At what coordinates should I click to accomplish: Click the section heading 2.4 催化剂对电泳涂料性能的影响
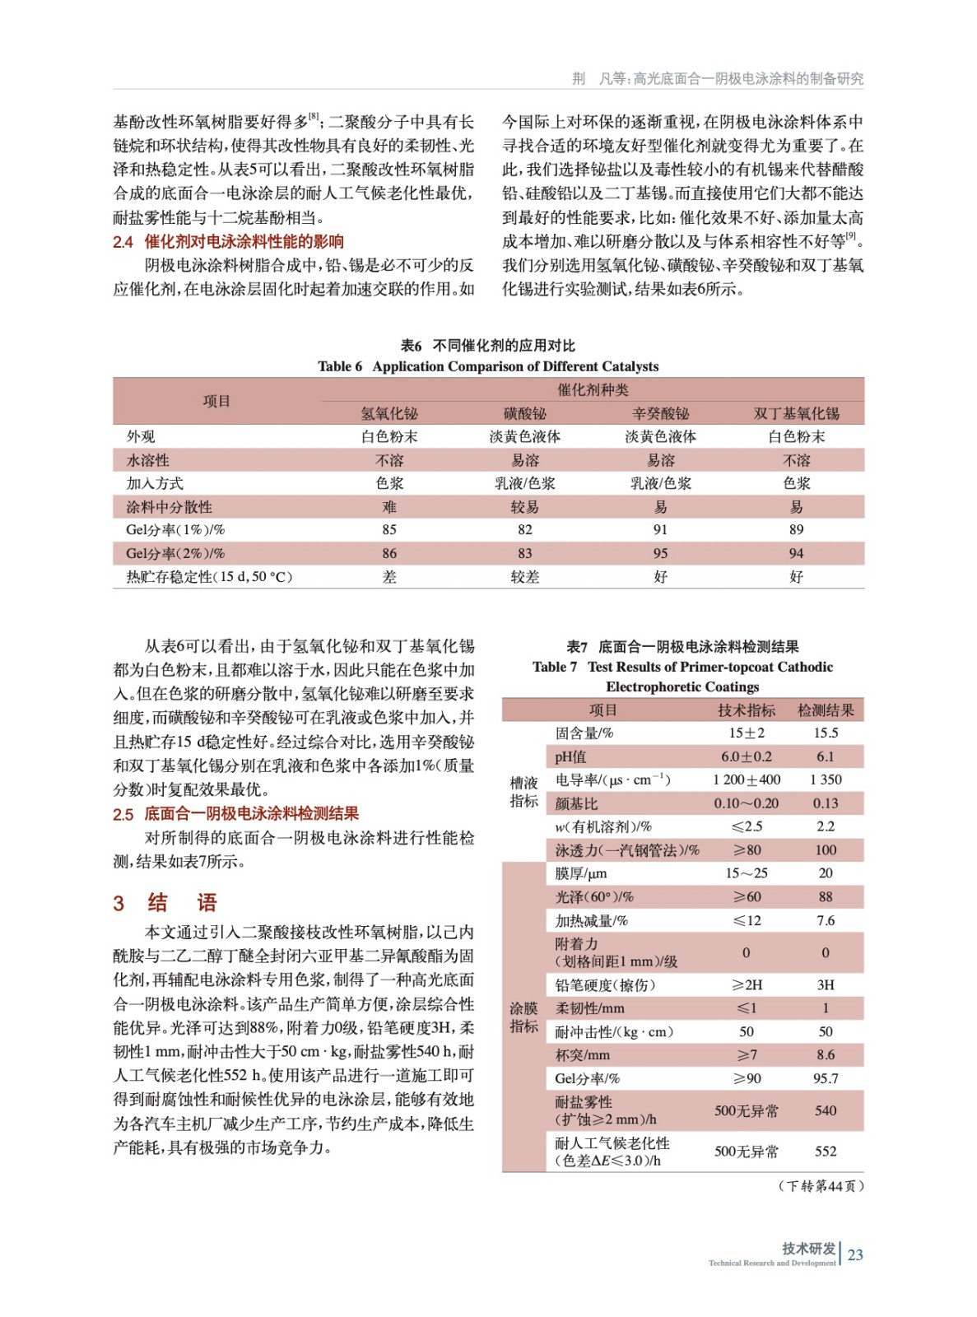pyautogui.click(x=228, y=242)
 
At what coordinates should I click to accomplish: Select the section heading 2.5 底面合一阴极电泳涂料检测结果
pyautogui.click(x=235, y=814)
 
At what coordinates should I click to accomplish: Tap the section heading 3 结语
pyautogui.click(x=165, y=903)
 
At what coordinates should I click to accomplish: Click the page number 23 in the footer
pyautogui.click(x=855, y=1254)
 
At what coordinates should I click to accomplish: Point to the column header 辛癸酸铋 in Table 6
pyautogui.click(x=660, y=413)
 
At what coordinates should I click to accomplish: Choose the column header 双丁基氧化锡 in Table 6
pyautogui.click(x=796, y=413)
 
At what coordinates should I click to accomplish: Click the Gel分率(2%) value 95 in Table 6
pyautogui.click(x=660, y=553)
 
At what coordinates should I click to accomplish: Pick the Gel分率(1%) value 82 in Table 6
pyautogui.click(x=525, y=530)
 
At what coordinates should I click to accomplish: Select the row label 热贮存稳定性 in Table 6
pyautogui.click(x=209, y=577)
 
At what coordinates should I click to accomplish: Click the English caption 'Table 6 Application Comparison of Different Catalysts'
pyautogui.click(x=488, y=366)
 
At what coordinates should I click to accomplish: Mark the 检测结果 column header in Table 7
pyautogui.click(x=826, y=710)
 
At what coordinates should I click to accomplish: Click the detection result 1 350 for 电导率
pyautogui.click(x=826, y=779)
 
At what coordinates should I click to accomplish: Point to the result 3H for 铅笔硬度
pyautogui.click(x=826, y=984)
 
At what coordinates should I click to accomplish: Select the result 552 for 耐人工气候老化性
pyautogui.click(x=826, y=1152)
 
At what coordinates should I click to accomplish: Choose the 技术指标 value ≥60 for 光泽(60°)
pyautogui.click(x=747, y=896)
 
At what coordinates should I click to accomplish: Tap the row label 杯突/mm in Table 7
pyautogui.click(x=583, y=1054)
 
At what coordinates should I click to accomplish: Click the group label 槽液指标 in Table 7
pyautogui.click(x=523, y=791)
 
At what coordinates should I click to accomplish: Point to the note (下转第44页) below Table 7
pyautogui.click(x=820, y=1186)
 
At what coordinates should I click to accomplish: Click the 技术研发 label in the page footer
pyautogui.click(x=808, y=1249)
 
